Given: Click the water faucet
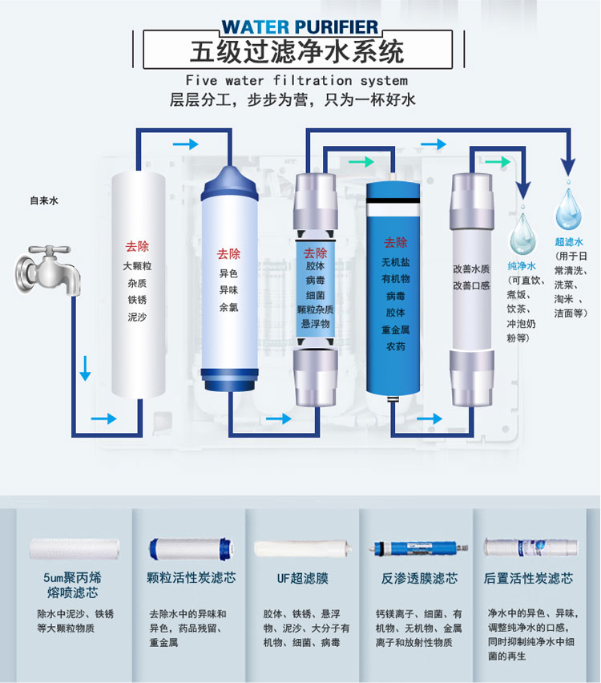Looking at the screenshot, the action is click(x=48, y=270).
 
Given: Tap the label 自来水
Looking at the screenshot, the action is click(x=44, y=200).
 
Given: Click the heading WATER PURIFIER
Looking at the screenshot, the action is click(x=300, y=27).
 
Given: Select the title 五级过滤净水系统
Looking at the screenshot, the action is click(x=297, y=52).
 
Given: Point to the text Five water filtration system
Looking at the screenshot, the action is click(x=296, y=81).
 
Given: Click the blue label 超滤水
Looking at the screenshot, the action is click(x=569, y=242).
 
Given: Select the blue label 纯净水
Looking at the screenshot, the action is click(x=522, y=265).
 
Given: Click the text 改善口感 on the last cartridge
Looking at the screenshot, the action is click(x=471, y=285).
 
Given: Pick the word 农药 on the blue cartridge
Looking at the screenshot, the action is click(x=395, y=346).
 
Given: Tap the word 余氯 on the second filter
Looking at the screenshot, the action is click(x=228, y=307).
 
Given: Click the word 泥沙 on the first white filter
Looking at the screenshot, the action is click(x=137, y=317).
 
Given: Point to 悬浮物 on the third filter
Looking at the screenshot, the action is click(x=315, y=324).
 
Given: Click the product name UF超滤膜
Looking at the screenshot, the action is click(x=303, y=579).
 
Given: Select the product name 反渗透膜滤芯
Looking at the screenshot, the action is click(x=419, y=579).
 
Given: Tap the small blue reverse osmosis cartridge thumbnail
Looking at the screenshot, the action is click(x=420, y=548).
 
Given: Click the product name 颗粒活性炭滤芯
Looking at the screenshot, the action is click(x=192, y=578).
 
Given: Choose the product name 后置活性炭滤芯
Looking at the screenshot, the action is click(x=528, y=579).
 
